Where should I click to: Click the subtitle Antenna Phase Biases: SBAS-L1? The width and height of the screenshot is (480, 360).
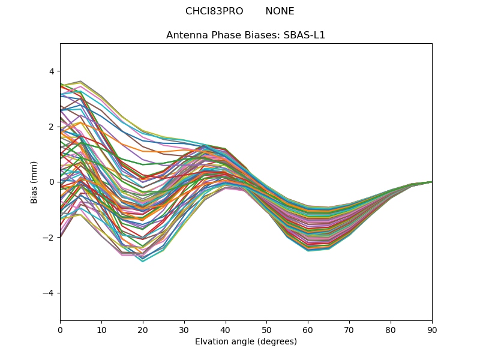(x=246, y=35)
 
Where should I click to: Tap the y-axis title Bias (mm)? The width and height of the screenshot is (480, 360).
(x=34, y=182)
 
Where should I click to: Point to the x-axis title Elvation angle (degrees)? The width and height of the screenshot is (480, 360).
(x=246, y=341)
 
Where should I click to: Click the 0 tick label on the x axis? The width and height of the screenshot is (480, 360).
(x=60, y=329)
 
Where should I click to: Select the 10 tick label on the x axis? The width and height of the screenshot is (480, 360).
(x=101, y=329)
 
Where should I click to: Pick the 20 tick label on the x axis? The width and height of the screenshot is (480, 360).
(x=143, y=329)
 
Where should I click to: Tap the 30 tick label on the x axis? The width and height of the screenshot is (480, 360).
(x=184, y=329)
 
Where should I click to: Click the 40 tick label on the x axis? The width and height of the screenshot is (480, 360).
(x=226, y=329)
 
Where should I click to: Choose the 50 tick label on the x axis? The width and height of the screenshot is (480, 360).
(x=266, y=329)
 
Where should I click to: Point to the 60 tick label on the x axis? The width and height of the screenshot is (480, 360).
(x=308, y=329)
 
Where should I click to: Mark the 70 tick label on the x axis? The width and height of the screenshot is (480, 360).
(x=349, y=329)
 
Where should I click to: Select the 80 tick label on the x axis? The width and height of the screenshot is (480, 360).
(x=391, y=329)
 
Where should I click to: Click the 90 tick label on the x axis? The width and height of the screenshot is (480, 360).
(x=432, y=329)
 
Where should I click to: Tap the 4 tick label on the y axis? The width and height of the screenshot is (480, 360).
(x=52, y=71)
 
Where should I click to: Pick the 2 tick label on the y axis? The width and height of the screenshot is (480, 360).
(x=52, y=127)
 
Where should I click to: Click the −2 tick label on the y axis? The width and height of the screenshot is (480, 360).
(x=49, y=237)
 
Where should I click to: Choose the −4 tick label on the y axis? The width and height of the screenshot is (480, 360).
(x=49, y=293)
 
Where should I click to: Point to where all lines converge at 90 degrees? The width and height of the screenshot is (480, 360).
(x=431, y=182)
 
